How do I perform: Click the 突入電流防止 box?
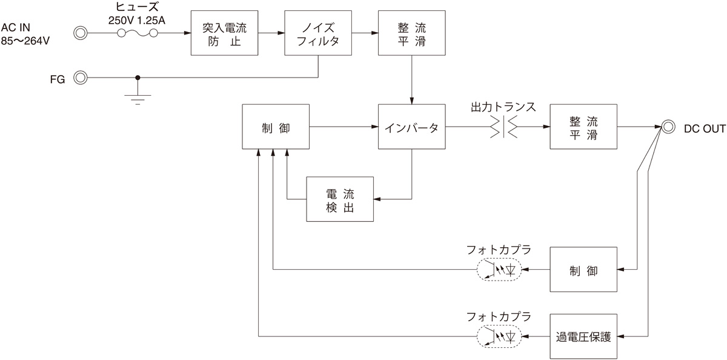click(224, 33)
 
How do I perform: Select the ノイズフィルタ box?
click(318, 33)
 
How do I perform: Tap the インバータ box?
click(411, 127)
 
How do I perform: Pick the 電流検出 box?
click(340, 199)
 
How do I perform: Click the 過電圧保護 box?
click(583, 336)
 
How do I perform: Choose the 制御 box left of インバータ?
click(276, 127)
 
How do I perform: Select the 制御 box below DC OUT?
click(583, 270)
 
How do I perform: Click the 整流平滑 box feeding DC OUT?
click(583, 127)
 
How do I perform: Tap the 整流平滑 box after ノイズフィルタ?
click(411, 33)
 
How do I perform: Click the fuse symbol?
click(138, 33)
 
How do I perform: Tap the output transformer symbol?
click(503, 127)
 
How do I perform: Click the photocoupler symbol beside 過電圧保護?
click(499, 336)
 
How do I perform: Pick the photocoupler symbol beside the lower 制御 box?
click(499, 270)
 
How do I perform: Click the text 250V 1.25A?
click(137, 21)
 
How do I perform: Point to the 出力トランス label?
click(503, 107)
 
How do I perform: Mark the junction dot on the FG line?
click(138, 78)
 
